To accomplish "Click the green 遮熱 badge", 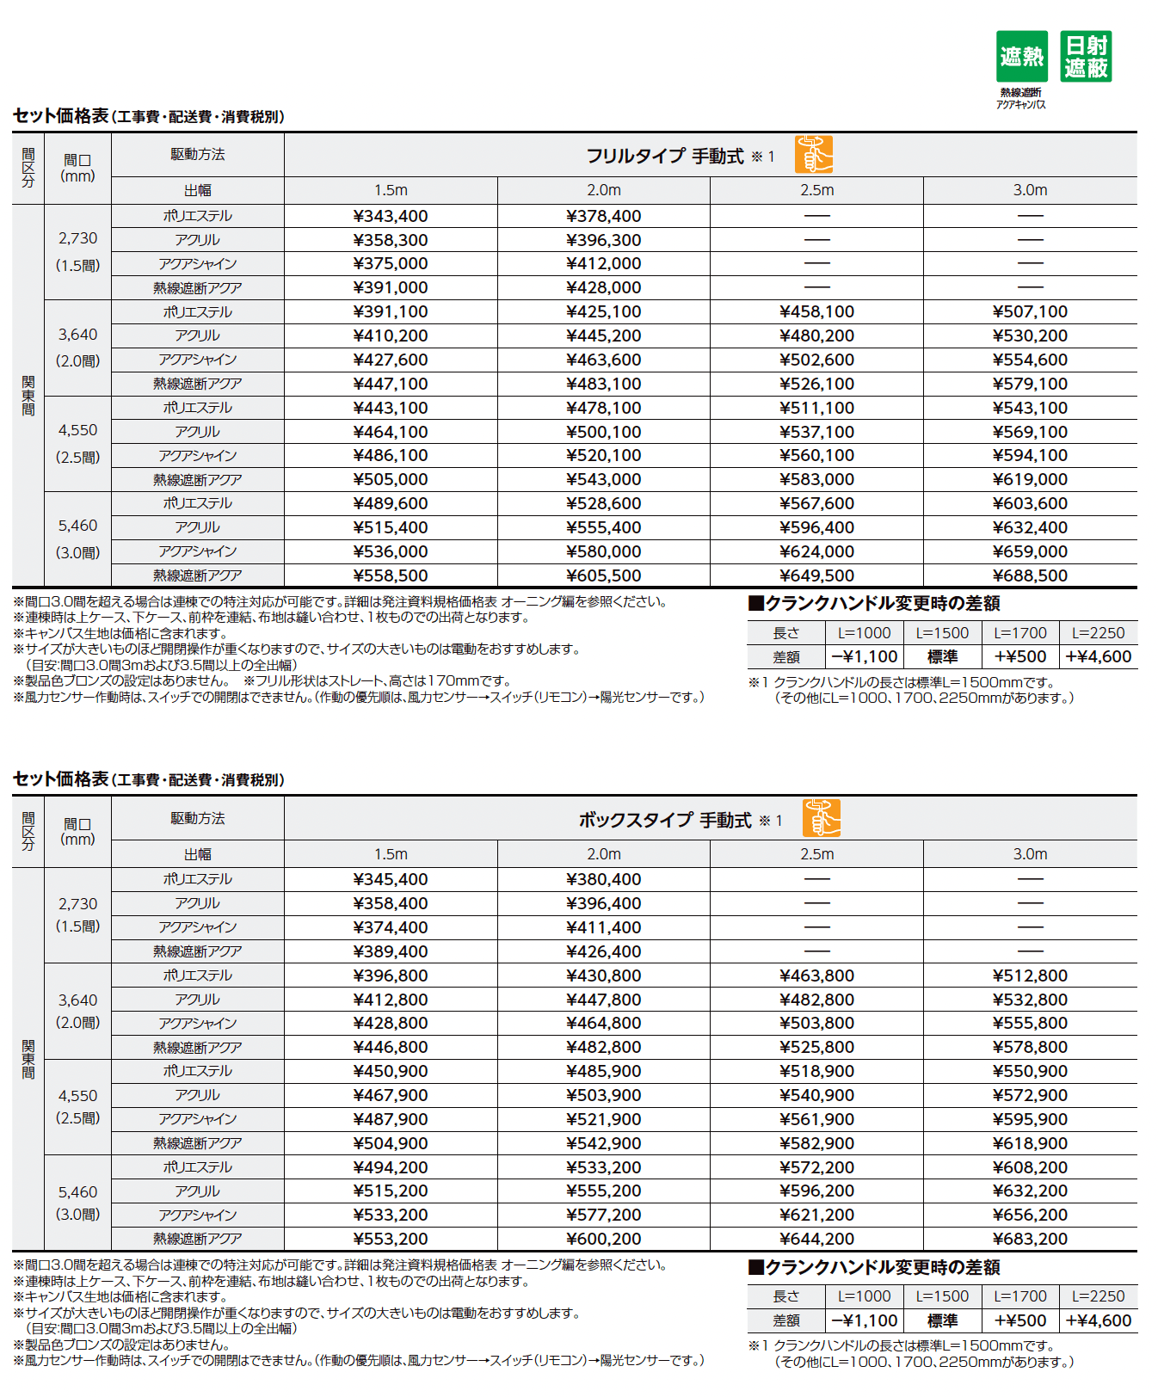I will pos(1021,57).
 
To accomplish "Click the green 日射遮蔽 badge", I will pos(1086,57).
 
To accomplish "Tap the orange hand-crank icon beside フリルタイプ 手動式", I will pos(813,155).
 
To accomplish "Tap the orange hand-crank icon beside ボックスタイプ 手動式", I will pos(821,818).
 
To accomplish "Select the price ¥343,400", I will pos(391,216).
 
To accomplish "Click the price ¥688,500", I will pos(1030,575).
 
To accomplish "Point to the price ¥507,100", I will pos(1030,311).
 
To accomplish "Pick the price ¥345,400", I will pos(391,879).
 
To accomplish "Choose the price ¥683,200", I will pos(1030,1239).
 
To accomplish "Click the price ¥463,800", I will pos(816,975).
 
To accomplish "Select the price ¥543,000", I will pos(604,479).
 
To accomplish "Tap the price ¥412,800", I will pos(391,1000).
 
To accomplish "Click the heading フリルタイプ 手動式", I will pos(664,157).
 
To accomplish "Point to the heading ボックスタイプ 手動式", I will pos(664,820).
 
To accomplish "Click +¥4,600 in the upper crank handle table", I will pos(1098,656).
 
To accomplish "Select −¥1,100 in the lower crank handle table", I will pos(865,1320).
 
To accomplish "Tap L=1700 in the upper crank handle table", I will pos(1020,633).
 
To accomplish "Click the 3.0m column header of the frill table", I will pos(1030,190).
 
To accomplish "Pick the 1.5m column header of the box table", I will pos(391,854).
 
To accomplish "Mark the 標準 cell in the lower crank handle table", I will pos(942,1320).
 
